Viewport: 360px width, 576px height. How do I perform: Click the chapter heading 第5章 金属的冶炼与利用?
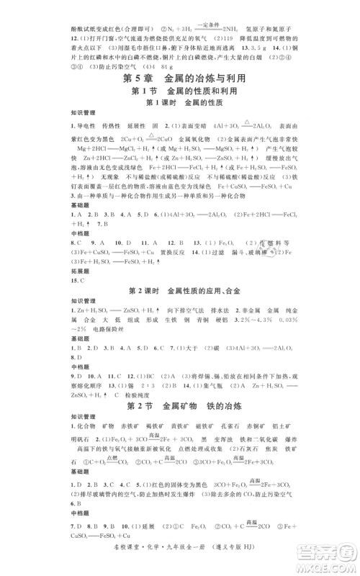180,78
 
